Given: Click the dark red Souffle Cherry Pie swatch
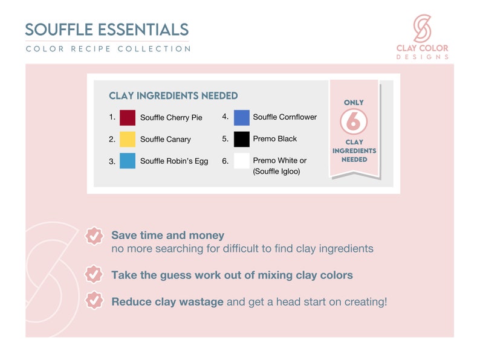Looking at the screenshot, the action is click(128, 118).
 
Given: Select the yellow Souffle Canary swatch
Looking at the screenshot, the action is click(128, 140).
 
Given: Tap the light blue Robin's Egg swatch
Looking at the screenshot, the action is click(128, 161).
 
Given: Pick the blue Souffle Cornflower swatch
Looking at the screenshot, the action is click(242, 118).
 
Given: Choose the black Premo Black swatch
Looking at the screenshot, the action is click(242, 140).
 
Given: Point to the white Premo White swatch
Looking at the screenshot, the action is click(242, 161).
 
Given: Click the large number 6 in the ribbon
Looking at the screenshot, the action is click(353, 122).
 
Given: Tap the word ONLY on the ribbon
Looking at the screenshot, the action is click(354, 103).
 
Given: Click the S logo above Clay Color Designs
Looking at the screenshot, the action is click(422, 28).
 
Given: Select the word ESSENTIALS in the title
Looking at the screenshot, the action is click(143, 30).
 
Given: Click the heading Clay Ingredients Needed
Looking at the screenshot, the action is click(174, 95).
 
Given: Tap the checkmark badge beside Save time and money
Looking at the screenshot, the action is click(94, 236).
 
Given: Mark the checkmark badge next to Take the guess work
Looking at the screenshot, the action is click(94, 274).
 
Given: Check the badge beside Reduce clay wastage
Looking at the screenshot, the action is click(94, 300).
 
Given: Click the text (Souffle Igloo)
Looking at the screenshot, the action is click(276, 172).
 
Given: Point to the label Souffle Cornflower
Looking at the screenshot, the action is click(285, 117).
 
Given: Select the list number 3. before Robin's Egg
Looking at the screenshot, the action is click(112, 161).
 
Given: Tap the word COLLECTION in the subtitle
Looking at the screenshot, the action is click(154, 49).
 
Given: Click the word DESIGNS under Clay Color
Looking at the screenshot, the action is click(423, 57).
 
